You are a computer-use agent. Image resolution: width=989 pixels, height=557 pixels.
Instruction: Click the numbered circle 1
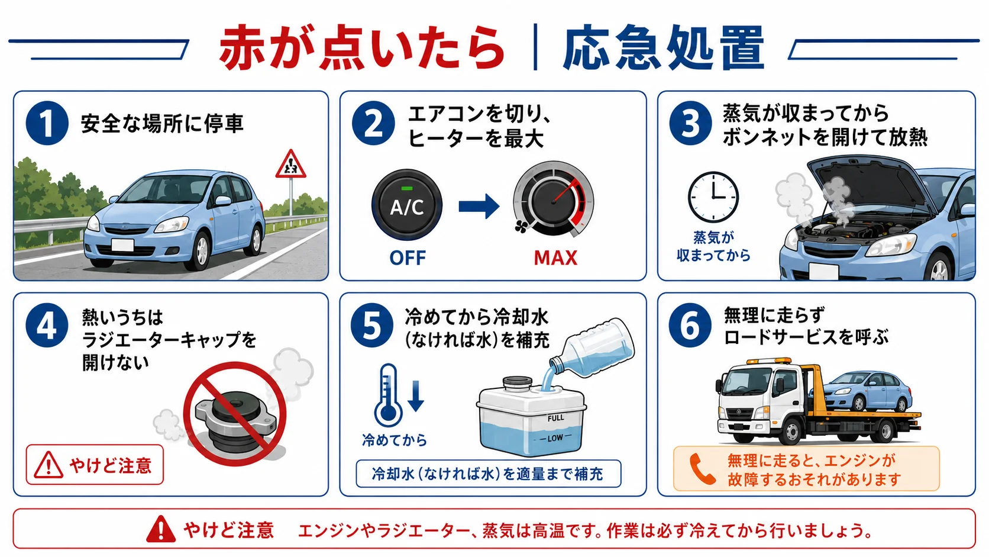[x=47, y=123]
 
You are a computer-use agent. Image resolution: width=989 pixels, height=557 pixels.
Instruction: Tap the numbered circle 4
[x=47, y=326]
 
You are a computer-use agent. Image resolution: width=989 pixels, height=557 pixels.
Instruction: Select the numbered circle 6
[x=690, y=326]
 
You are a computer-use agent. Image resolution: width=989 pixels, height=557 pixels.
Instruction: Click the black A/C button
[x=406, y=205]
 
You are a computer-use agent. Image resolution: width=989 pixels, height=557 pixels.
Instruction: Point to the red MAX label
[x=555, y=258]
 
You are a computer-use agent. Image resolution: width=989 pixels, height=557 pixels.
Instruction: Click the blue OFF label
[x=407, y=258]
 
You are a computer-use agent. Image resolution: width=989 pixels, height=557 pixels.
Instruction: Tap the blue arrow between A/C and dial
[x=479, y=206]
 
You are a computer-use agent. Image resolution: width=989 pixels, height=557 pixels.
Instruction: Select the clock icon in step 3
[x=713, y=197]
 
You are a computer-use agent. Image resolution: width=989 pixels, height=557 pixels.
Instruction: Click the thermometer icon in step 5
[x=387, y=395]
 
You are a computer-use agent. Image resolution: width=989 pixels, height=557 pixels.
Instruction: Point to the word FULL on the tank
[x=555, y=418]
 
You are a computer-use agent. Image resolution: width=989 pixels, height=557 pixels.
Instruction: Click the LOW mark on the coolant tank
[x=555, y=438]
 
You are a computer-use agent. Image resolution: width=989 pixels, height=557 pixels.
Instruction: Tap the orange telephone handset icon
[x=702, y=469]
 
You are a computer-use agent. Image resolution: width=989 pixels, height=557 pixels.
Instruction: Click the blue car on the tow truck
[x=866, y=391]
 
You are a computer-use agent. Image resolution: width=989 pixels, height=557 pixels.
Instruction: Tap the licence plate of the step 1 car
[x=122, y=244]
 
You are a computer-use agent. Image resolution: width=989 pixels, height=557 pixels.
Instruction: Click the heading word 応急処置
[x=664, y=48]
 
